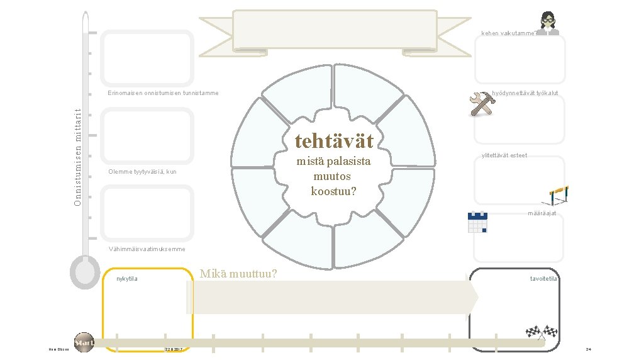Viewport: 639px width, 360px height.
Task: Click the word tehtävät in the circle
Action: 334,140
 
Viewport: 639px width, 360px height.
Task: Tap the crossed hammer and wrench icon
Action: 483,104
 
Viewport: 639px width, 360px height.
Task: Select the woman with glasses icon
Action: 550,24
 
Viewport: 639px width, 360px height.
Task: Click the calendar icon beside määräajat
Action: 478,222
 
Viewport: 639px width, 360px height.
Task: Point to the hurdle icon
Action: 558,195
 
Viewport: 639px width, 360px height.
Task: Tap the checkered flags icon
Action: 542,332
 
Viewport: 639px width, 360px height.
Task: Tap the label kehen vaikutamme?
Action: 509,33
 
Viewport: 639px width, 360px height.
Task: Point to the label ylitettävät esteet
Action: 504,155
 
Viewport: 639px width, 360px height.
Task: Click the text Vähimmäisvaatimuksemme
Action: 147,249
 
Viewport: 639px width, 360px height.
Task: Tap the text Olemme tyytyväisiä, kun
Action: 142,172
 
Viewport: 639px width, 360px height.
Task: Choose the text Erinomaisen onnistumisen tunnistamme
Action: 163,93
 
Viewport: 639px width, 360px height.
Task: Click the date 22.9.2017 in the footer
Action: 174,349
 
